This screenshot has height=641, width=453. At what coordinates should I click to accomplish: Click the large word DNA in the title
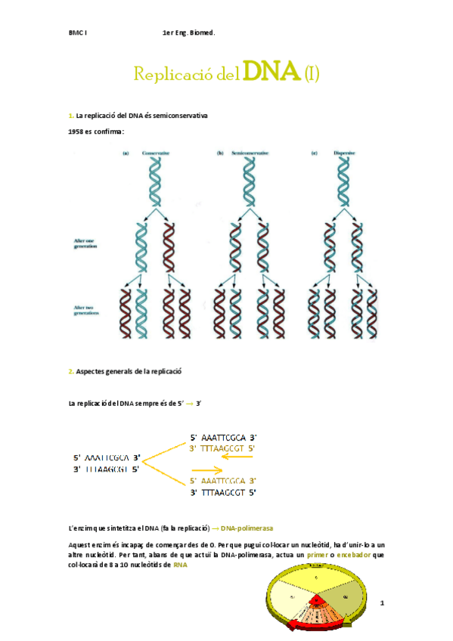271,73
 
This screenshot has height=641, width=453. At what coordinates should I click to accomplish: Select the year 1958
78,132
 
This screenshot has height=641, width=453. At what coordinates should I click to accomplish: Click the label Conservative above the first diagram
156,153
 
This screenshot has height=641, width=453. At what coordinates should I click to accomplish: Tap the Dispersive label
345,153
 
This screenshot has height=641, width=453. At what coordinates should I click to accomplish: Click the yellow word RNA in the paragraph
179,565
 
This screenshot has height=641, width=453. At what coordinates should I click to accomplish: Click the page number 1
383,602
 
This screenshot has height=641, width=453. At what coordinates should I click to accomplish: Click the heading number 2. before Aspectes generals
70,371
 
